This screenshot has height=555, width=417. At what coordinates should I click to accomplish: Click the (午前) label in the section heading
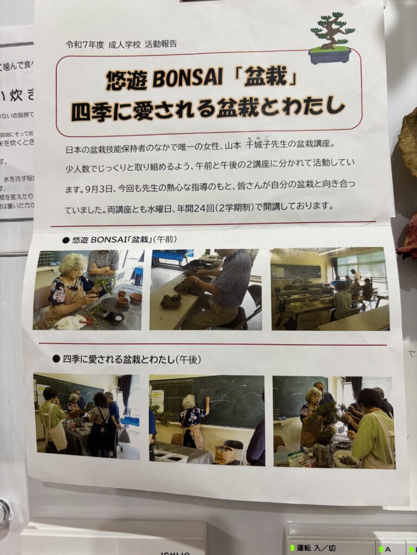(x=165, y=239)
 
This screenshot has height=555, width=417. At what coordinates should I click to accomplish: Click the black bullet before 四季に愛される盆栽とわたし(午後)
(x=56, y=359)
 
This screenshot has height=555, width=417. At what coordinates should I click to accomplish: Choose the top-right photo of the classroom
(x=330, y=289)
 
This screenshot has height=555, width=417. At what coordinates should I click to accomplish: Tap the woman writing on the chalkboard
(x=193, y=420)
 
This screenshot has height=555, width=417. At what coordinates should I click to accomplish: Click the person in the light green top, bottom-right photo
(x=372, y=428)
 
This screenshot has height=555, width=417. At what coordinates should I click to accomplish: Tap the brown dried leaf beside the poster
(x=409, y=141)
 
